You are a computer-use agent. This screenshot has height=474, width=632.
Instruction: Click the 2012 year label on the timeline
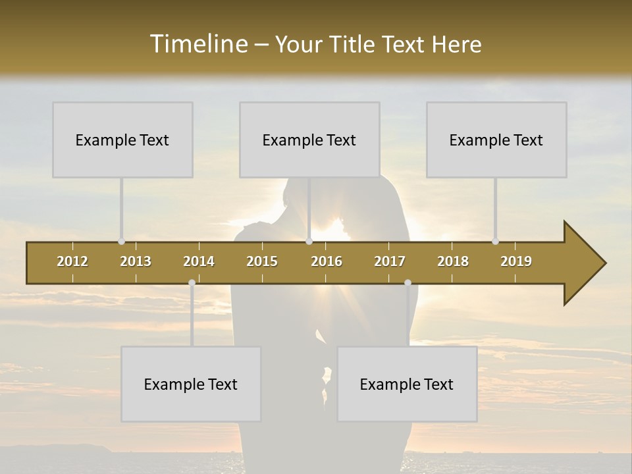72,261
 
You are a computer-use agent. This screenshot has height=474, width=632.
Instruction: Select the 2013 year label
136,261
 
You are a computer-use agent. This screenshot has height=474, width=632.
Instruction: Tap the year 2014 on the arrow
199,261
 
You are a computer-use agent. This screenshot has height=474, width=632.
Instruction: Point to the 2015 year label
262,261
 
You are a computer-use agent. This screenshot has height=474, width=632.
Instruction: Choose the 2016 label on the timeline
327,261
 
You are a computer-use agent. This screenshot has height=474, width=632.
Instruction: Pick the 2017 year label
390,261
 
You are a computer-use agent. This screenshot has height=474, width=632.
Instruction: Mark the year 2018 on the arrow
453,261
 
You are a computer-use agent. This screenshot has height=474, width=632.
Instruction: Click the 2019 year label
516,261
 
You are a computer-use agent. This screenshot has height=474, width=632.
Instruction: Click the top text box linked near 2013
122,140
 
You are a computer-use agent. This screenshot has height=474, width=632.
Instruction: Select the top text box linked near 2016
309,140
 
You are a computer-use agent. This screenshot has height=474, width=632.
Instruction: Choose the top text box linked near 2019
496,140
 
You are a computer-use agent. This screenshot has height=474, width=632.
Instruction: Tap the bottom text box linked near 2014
191,384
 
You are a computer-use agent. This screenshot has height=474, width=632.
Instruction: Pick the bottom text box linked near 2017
407,384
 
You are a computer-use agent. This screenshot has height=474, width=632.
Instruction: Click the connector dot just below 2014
192,283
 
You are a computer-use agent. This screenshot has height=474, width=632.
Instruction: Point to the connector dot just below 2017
408,283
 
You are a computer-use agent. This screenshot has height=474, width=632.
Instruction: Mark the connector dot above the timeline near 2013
121,242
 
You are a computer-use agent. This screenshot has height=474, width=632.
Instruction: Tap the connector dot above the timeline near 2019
495,242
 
